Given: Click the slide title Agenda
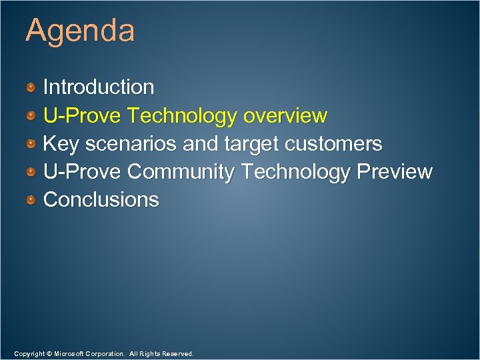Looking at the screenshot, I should coord(80,31).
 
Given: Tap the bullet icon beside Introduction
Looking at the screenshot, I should coord(31,87).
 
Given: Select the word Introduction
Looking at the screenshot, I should coord(99,87).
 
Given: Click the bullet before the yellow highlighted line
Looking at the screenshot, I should coord(31,116).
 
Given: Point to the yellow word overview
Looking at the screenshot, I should coord(285,116).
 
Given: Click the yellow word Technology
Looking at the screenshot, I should coord(182,116).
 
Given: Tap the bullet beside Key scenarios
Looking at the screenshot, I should coord(31,144).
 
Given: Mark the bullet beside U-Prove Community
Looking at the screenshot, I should coord(31,172).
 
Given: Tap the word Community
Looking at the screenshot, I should coord(181,172).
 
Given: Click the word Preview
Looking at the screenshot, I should coord(395,172).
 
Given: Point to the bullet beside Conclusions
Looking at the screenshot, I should coord(31,200).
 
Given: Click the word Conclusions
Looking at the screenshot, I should coord(101,200).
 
